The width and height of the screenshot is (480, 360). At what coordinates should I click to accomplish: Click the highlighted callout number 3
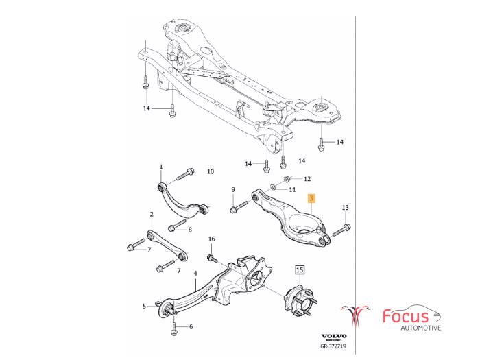(311, 198)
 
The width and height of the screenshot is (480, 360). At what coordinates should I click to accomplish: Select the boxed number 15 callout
(299, 270)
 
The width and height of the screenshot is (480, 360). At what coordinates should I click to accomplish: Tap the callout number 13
(345, 207)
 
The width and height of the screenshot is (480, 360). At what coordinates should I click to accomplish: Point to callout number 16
(212, 239)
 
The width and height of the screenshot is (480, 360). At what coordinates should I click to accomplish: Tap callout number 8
(232, 189)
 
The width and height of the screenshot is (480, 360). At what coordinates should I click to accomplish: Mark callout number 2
(150, 215)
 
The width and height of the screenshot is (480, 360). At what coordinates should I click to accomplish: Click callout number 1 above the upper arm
(161, 167)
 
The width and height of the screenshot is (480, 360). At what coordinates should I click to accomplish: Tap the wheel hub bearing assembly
(298, 302)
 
